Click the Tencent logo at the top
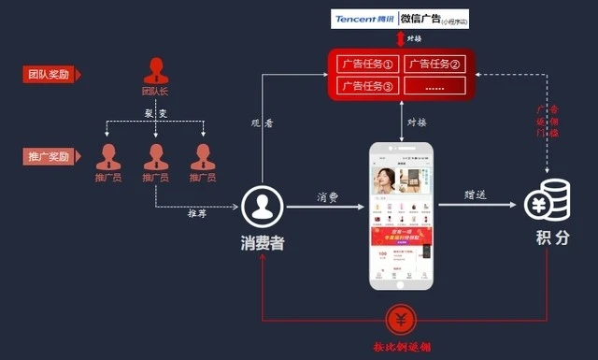364,19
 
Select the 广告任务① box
365,65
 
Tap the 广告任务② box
434,65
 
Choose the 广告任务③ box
365,85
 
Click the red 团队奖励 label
49,74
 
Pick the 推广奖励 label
49,156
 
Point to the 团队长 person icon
155,71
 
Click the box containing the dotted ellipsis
434,85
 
